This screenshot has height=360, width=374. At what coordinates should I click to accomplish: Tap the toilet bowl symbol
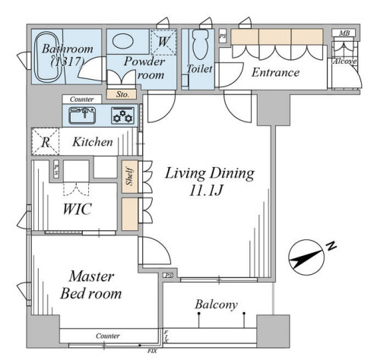point(200,45)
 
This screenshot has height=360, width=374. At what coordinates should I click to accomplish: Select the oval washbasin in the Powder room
point(123,41)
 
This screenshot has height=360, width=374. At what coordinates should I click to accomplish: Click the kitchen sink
point(82,115)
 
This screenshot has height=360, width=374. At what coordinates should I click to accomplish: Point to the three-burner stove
point(122,115)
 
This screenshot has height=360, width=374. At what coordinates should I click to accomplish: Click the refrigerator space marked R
point(46,141)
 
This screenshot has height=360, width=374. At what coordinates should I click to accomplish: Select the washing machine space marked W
point(163,42)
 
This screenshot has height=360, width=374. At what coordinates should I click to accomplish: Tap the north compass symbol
point(306,257)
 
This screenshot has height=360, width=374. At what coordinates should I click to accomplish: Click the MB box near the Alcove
point(344,33)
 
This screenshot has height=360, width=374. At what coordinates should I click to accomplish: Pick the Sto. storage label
point(122,94)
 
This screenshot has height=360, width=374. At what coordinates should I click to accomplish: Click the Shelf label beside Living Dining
point(129,176)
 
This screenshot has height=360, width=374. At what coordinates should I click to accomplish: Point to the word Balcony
point(216,305)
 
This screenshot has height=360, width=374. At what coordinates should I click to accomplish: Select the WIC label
point(77,209)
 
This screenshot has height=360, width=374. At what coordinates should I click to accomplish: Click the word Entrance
point(275,73)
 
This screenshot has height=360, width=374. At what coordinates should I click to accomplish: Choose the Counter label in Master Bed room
point(108,336)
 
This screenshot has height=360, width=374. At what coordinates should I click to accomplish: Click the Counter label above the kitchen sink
point(81,99)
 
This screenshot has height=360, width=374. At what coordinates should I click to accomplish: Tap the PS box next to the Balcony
point(169,276)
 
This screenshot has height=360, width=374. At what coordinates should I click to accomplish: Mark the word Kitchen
point(93,142)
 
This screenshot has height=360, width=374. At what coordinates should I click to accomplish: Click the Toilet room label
point(199,69)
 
